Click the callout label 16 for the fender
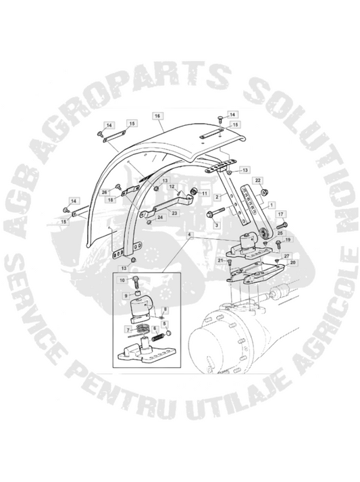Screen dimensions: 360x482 click(x=157, y=116)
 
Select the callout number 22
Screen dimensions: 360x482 click(x=258, y=180)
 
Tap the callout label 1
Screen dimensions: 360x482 click(x=271, y=204)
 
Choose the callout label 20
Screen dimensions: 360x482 click(x=292, y=262)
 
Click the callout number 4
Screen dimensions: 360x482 click(x=190, y=235)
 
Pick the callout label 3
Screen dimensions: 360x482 click(x=217, y=225)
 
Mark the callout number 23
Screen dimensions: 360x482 click(x=174, y=213)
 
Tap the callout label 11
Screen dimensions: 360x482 click(x=205, y=193)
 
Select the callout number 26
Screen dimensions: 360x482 click(x=105, y=192)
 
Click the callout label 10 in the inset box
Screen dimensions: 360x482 click(x=122, y=280)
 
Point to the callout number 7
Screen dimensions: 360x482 click(x=128, y=330)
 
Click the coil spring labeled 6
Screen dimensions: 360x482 click(x=159, y=338)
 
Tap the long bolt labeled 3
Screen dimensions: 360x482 click(x=219, y=213)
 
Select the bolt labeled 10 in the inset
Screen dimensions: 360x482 click(x=136, y=282)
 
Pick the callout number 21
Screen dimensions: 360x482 click(x=220, y=261)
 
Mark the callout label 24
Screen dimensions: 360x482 click(x=159, y=217)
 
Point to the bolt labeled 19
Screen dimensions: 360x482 click(x=278, y=245)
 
